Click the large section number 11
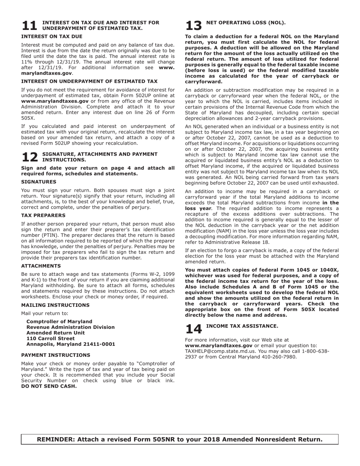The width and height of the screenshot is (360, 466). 29,26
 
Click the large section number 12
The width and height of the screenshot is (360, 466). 29,157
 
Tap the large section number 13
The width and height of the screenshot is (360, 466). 194,26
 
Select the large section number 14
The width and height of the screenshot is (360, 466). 194,329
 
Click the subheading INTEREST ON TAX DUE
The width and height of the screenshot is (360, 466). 52,37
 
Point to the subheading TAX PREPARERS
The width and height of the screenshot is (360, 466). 43,216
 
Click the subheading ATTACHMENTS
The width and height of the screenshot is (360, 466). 41,266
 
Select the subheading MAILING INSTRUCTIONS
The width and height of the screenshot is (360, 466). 55,305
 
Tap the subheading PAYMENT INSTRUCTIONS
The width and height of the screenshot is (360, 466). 56,355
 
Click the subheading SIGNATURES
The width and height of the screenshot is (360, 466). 39,182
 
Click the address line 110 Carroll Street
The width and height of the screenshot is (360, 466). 50,339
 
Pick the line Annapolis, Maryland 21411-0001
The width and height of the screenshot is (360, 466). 70,344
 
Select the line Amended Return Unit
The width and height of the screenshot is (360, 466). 55,333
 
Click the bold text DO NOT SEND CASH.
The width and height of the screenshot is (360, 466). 49,386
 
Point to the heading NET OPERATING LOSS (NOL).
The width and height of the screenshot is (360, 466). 246,23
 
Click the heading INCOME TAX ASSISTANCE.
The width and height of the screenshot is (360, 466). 242,326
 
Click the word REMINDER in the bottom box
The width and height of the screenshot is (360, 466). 56,439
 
